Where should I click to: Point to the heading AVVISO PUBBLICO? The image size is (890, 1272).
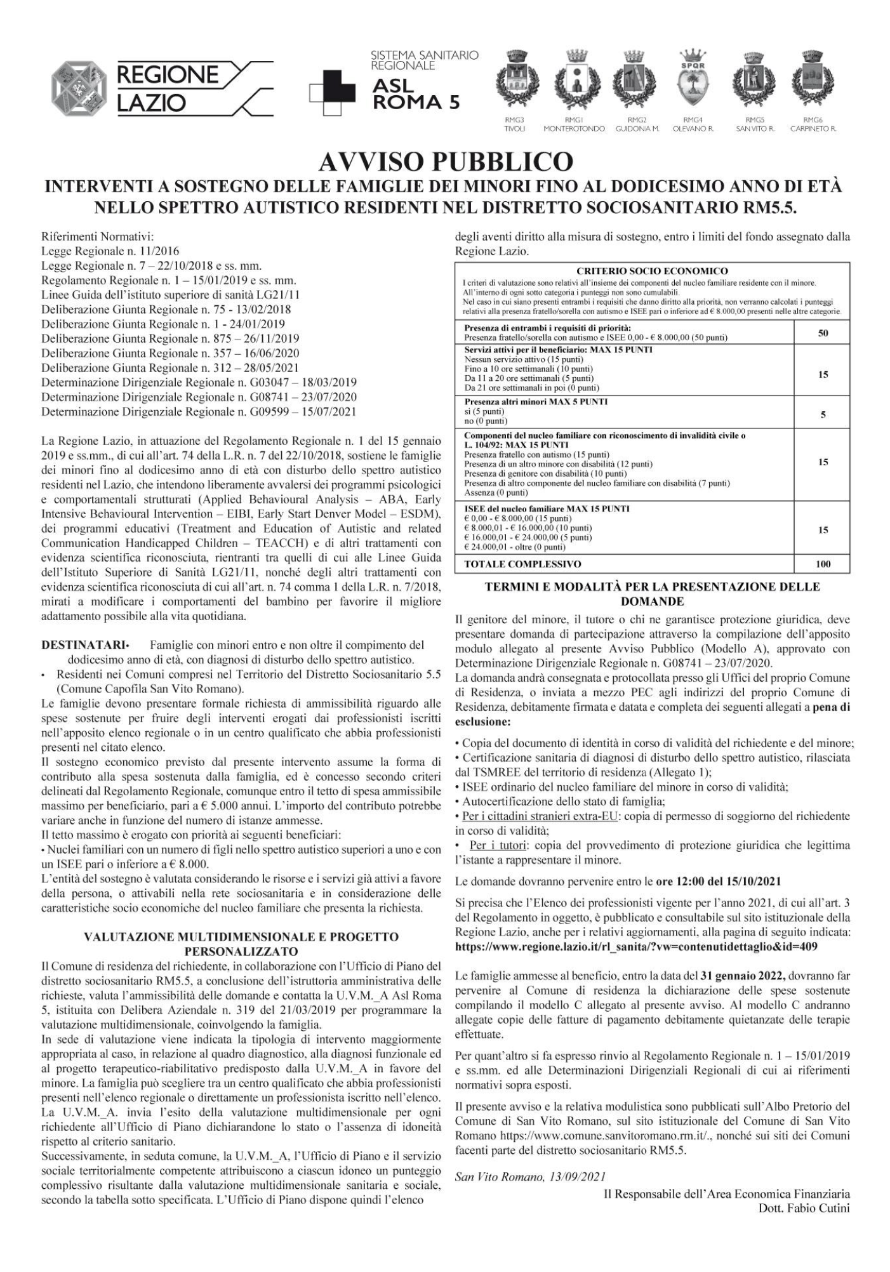tap(444, 162)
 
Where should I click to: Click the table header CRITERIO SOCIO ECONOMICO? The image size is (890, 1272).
tap(652, 271)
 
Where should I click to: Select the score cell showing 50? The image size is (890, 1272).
tap(823, 333)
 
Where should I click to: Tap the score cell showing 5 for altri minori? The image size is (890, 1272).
tap(823, 415)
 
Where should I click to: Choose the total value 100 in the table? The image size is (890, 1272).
tap(823, 564)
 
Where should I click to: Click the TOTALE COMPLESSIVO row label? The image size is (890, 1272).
tap(522, 564)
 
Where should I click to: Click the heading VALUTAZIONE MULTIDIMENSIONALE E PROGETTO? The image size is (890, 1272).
tap(241, 936)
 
